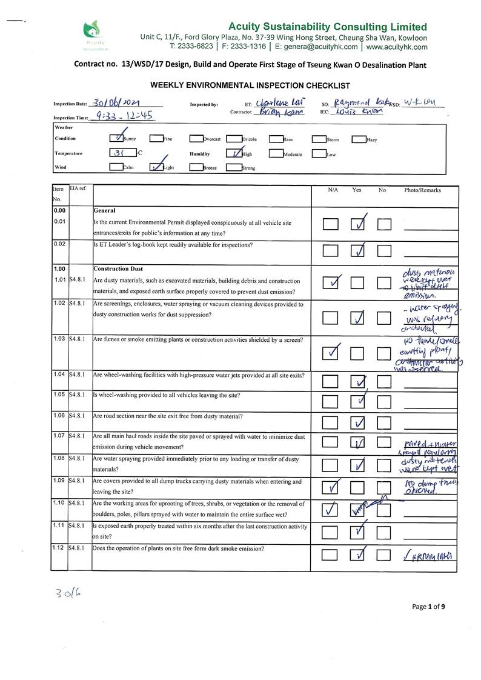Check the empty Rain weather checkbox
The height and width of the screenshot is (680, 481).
276,139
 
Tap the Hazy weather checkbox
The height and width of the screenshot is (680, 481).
359,139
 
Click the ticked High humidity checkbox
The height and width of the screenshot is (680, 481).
234,153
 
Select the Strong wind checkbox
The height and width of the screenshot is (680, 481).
234,167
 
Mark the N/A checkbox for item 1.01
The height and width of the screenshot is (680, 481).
331,283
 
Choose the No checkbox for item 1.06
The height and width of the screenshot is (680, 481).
385,422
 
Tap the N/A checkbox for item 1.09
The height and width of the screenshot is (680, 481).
331,487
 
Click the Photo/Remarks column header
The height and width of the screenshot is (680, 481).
422,190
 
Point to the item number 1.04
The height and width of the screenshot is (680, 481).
59,375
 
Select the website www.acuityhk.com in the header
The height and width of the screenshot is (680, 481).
396,46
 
